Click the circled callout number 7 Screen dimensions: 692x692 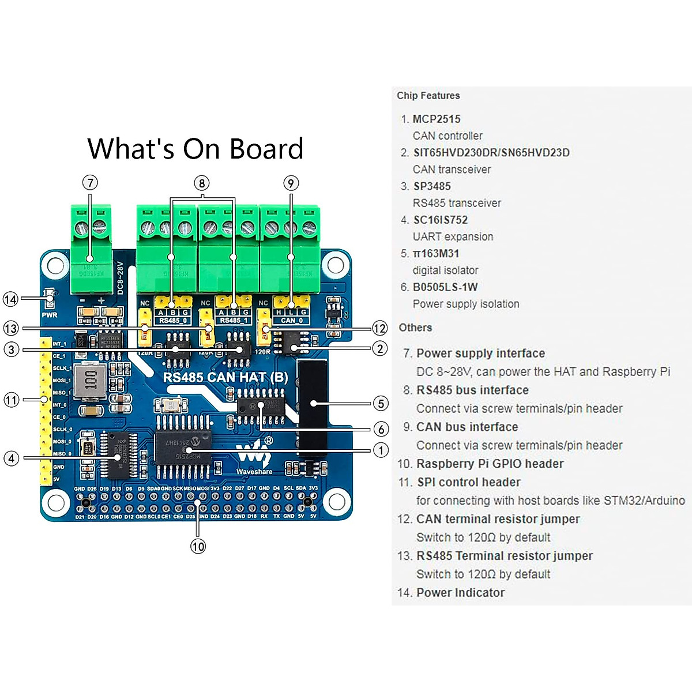(90, 183)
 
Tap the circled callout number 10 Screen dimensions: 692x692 (198, 546)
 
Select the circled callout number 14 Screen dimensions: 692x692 (10, 299)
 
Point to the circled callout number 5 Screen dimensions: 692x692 (381, 403)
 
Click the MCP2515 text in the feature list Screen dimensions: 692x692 (437, 119)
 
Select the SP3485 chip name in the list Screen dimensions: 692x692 (432, 186)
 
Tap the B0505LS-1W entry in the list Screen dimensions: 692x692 (445, 287)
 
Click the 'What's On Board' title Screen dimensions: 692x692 (195, 149)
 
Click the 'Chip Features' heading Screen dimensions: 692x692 (428, 96)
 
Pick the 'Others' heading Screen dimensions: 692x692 (415, 328)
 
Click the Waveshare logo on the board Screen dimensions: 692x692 (254, 456)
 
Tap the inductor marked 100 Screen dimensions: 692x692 (91, 379)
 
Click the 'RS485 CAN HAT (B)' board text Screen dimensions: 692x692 (225, 378)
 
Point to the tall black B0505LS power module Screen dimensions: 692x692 (313, 407)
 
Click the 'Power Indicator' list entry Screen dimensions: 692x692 (460, 593)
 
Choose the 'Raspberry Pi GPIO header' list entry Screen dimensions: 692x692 (490, 464)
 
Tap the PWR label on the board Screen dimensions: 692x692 (50, 315)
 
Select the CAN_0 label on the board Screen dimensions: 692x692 (292, 321)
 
